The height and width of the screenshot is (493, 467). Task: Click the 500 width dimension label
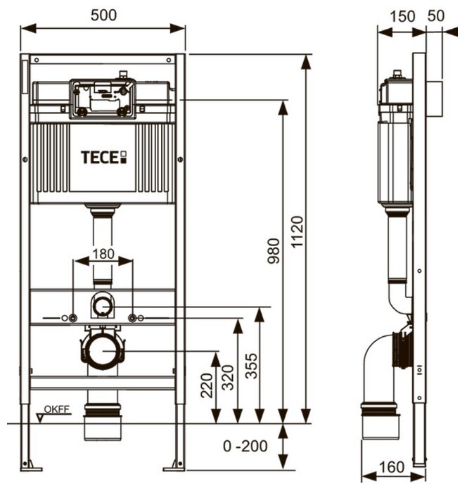103,15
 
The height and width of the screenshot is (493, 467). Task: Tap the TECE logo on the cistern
104,158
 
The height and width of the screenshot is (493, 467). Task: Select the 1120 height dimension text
297,231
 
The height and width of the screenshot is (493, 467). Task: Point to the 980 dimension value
274,251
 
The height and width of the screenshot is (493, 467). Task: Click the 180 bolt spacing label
103,254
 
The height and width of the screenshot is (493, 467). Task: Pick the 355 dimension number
251,366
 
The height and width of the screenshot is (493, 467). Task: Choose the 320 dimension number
228,378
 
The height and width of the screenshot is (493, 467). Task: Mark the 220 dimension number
207,385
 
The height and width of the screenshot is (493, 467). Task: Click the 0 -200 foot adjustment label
245,446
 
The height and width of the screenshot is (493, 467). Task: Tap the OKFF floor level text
56,409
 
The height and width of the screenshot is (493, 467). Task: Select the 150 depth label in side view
402,16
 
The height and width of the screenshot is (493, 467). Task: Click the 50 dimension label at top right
436,15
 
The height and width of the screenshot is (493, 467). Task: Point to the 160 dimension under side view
392,467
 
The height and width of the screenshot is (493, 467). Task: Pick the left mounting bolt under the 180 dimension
73,318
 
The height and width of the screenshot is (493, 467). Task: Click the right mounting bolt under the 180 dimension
132,318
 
